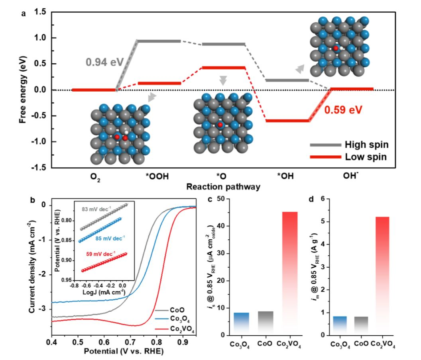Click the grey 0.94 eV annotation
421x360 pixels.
point(104,62)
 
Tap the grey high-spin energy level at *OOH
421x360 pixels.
point(159,41)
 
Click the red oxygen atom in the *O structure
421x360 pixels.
point(220,125)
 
